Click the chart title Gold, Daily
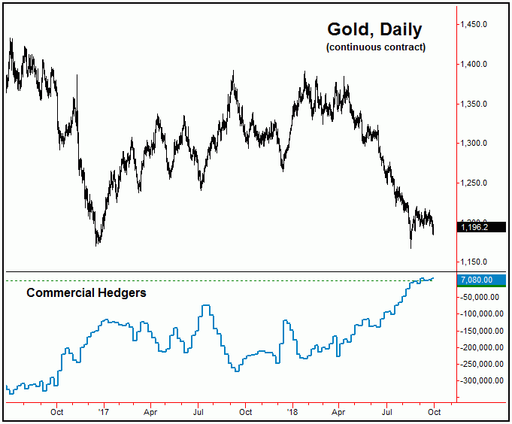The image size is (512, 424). pos(374,29)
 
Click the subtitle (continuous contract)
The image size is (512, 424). pos(375,47)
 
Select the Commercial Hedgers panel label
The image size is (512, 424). pos(86,292)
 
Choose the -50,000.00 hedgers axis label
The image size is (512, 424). pos(479,297)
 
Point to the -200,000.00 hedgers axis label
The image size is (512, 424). pos(481,347)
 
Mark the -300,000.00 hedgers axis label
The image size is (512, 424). pos(481,380)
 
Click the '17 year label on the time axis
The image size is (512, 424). pos(104,412)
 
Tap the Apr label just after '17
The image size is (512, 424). pos(150,412)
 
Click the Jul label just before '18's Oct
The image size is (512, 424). pos(387,412)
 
